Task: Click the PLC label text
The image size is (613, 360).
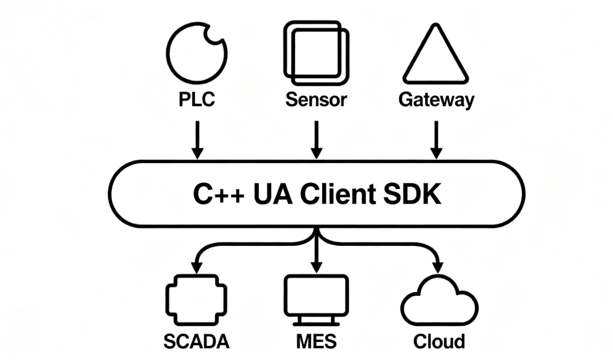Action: (196, 100)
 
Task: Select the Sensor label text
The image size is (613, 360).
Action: (316, 100)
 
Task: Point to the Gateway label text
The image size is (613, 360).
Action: (436, 100)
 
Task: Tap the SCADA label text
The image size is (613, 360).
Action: (196, 341)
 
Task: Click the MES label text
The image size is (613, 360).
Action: (316, 341)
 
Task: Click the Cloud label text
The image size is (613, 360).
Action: (439, 341)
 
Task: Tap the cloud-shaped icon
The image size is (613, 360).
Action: (439, 304)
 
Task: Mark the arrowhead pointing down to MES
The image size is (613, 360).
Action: (317, 264)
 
